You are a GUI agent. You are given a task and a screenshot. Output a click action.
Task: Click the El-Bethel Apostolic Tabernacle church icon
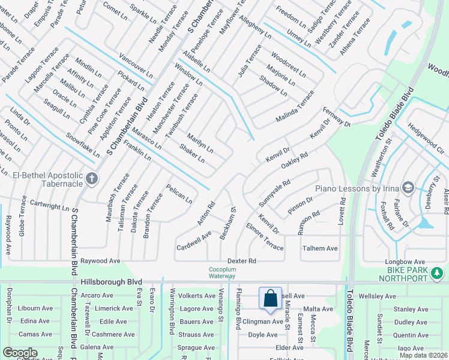click(91, 178)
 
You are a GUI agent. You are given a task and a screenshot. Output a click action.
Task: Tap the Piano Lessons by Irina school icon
click(408, 188)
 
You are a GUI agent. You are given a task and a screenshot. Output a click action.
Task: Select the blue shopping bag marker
click(271, 298)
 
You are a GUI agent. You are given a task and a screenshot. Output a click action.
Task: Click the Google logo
click(20, 353)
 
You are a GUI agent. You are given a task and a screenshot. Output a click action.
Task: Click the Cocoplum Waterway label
click(221, 273)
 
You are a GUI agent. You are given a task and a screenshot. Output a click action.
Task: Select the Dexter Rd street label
click(242, 261)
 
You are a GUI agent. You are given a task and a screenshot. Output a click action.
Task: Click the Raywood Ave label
click(101, 261)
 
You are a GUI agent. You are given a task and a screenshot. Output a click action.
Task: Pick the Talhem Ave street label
click(320, 248)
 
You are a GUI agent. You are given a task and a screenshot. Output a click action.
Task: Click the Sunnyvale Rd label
click(274, 191)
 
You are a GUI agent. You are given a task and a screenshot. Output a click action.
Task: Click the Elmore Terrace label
click(265, 236)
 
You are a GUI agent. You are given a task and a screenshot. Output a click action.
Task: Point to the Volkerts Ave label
click(198, 295)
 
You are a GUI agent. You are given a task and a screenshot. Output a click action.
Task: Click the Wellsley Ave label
click(377, 296)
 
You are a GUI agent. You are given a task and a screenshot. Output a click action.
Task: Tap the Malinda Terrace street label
click(295, 107)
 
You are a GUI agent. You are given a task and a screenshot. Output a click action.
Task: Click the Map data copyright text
click(423, 355)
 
